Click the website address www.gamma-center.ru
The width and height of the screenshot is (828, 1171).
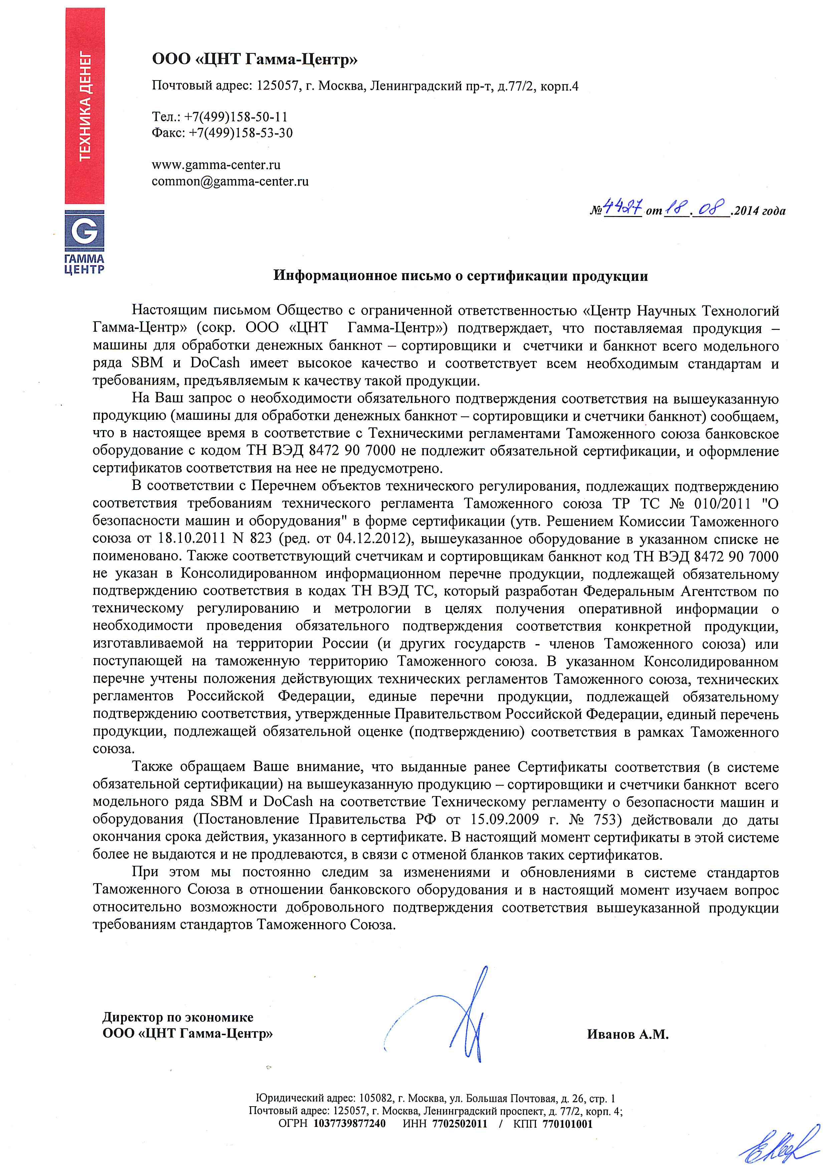[216, 165]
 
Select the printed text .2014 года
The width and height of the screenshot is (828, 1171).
[758, 211]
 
